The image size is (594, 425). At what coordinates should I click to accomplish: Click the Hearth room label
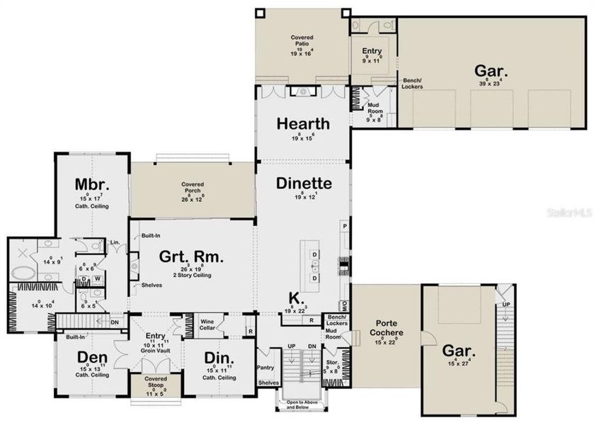303,123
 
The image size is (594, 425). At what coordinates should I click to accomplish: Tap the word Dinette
303,183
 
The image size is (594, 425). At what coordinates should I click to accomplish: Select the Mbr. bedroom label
90,185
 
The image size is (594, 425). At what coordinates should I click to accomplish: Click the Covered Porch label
192,186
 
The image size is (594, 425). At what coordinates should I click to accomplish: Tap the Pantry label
265,368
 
